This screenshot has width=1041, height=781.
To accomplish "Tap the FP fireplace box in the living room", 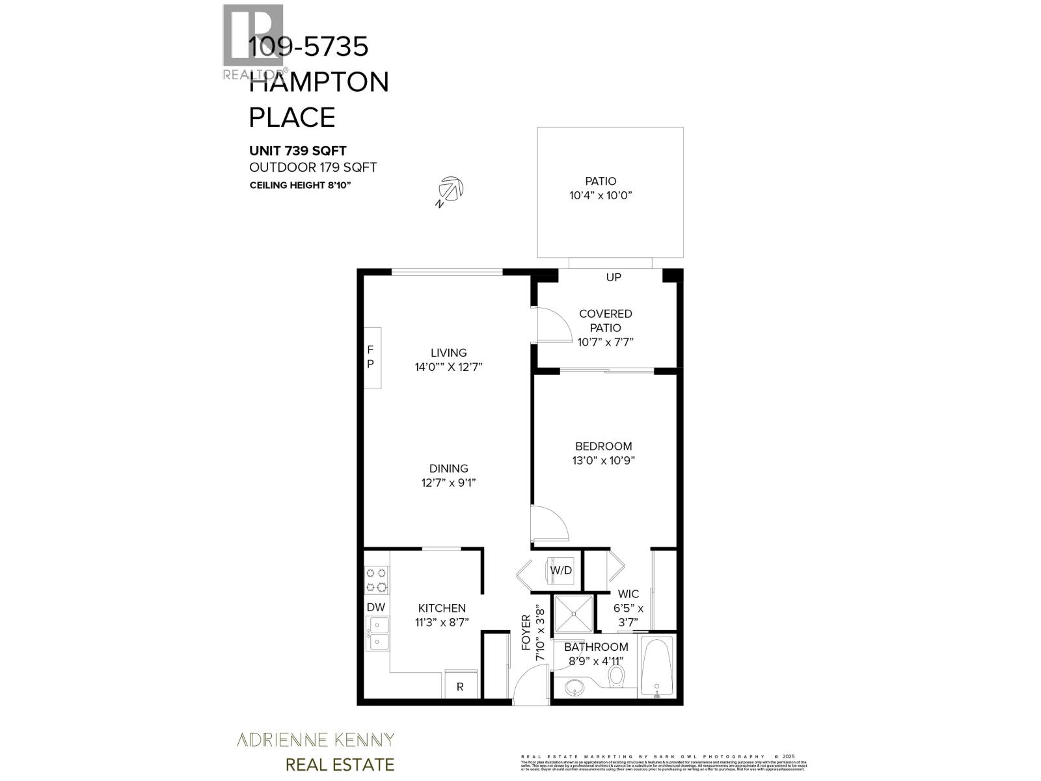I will pyautogui.click(x=372, y=357).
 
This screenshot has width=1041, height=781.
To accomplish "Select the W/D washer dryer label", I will pyautogui.click(x=561, y=571).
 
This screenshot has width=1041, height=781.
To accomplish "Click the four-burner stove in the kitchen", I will pyautogui.click(x=376, y=581).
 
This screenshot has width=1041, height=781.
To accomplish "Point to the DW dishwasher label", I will pyautogui.click(x=376, y=607).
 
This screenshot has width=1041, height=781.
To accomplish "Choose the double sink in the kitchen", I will pyautogui.click(x=377, y=634).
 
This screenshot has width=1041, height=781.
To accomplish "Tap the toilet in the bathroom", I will pyautogui.click(x=616, y=677).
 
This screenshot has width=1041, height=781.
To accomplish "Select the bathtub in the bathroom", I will pyautogui.click(x=658, y=666).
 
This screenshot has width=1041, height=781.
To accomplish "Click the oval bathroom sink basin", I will pyautogui.click(x=574, y=686).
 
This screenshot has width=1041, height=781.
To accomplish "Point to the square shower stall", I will pyautogui.click(x=573, y=612).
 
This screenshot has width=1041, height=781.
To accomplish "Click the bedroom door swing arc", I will pyautogui.click(x=548, y=524).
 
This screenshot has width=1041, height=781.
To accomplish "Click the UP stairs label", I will pyautogui.click(x=614, y=277).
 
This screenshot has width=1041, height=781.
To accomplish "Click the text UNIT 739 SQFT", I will pyautogui.click(x=298, y=151).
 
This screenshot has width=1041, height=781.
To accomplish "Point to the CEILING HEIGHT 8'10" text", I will pyautogui.click(x=301, y=185).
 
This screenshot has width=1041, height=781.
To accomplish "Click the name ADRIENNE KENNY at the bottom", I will pyautogui.click(x=315, y=739).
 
